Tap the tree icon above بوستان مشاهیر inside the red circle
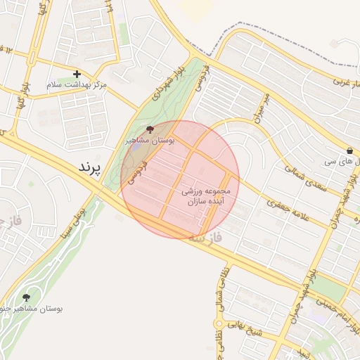point(149,129)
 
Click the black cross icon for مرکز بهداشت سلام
point(77,74)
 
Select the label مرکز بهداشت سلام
point(77,84)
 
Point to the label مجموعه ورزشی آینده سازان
point(206,196)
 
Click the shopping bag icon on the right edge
point(350,150)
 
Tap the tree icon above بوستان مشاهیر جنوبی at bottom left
point(27,297)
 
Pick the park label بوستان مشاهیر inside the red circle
point(150,141)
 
